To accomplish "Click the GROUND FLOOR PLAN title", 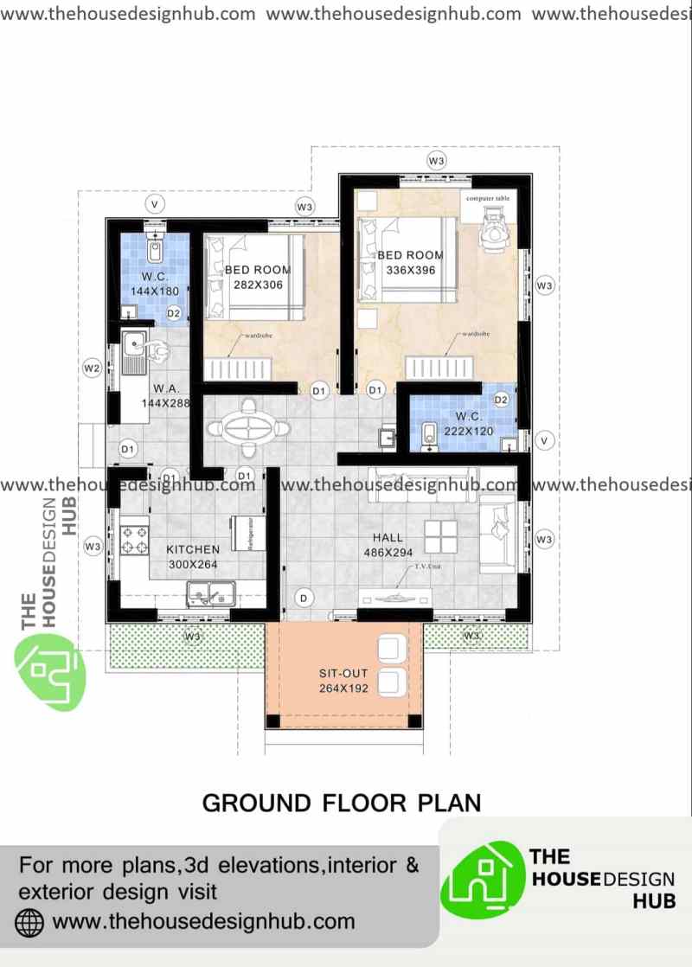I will [341, 802].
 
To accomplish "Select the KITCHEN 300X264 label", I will [193, 557].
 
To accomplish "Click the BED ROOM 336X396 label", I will [410, 263].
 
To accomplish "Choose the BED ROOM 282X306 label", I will [258, 278].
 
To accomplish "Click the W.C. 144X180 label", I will [154, 284].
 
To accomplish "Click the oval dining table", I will [248, 426].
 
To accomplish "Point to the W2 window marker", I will [92, 368].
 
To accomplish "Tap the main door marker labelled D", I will [304, 598].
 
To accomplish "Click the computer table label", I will [487, 199].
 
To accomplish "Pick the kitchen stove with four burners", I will [135, 539].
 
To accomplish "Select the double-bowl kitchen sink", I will [211, 593].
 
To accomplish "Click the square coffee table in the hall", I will [441, 536].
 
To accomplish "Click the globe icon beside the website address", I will [29, 921].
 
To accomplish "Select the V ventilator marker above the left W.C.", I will [155, 204].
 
